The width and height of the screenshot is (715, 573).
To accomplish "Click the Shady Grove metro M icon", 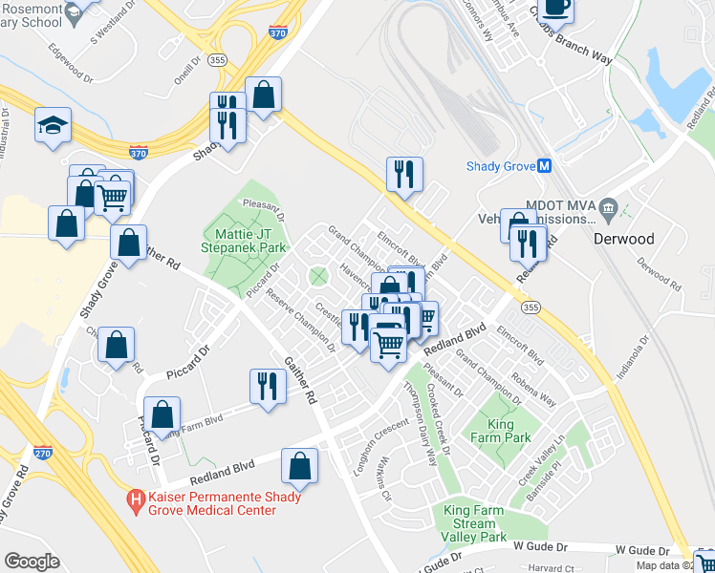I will pos(544,165).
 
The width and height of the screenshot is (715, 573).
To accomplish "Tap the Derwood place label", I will pos(623,238).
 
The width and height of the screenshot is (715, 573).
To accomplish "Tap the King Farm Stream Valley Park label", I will pos(474,523).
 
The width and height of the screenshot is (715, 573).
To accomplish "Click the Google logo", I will pos(32,562).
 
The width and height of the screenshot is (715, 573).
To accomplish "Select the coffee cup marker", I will pos(555,7).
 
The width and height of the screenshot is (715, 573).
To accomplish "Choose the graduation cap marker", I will pos(53,125).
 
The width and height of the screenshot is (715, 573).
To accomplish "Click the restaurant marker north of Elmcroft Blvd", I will pos(403,174).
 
